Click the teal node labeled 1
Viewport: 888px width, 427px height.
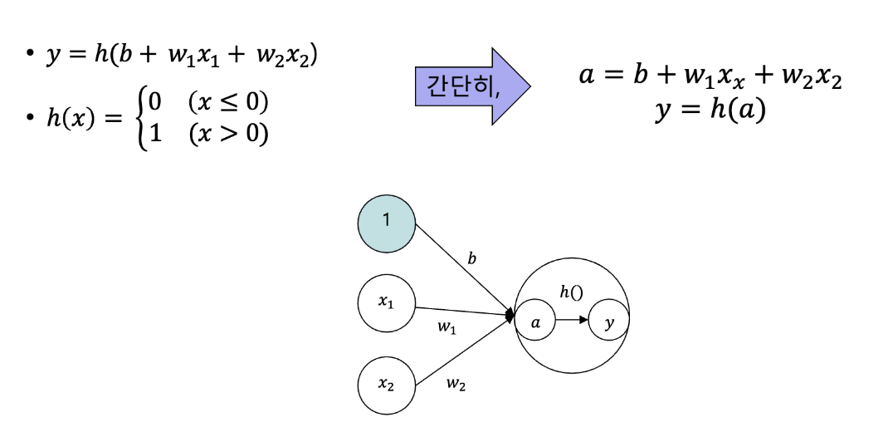point(386,220)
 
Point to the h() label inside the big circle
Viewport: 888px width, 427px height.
point(572,291)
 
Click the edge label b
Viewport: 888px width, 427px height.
point(471,258)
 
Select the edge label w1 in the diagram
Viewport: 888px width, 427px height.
point(446,327)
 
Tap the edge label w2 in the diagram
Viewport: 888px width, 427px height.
point(456,383)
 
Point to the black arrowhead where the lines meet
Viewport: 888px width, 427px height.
point(510,317)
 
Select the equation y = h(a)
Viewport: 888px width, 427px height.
point(710,110)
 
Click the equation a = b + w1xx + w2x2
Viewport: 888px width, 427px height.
point(710,76)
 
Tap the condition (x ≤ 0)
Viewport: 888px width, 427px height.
point(228,102)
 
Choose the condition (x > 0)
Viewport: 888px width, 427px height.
point(228,133)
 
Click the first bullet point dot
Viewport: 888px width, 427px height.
point(31,56)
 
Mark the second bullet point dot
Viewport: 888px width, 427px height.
point(31,118)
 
